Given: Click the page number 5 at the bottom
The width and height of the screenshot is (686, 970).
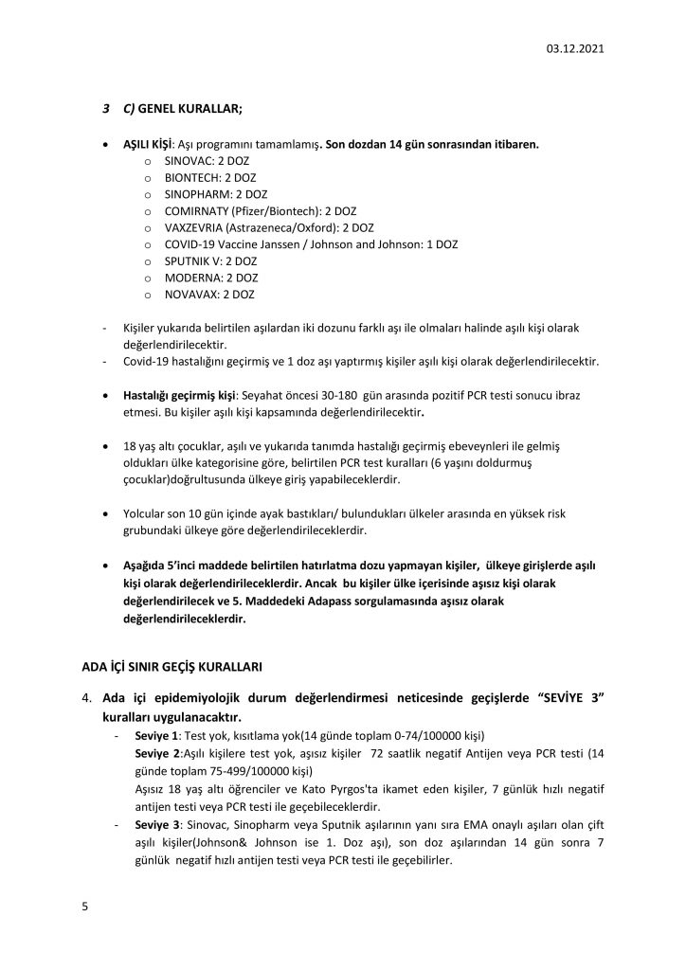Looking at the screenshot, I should coord(85,907).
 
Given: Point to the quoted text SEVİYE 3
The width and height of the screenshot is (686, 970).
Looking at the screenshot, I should coord(566,697).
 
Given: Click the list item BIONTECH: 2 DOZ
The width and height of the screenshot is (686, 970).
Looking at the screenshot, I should coord(209,177).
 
